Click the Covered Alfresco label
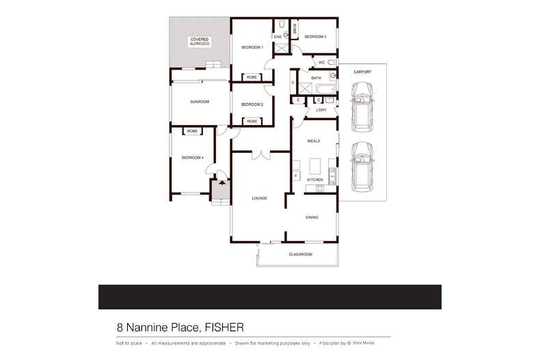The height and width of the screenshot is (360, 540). [x=200, y=42]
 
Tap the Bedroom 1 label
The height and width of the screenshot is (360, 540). [x=252, y=47]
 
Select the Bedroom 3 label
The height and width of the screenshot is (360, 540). [x=315, y=36]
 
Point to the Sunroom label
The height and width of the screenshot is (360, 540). [x=200, y=101]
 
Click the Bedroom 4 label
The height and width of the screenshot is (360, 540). [x=193, y=158]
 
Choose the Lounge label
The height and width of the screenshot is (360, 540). [x=259, y=198]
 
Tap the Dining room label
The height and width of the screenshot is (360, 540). [x=312, y=217]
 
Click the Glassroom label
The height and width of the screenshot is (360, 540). [x=300, y=254]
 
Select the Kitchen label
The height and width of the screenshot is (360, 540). [x=314, y=180]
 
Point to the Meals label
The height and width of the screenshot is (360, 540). [x=314, y=141]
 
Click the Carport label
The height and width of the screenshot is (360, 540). [x=362, y=71]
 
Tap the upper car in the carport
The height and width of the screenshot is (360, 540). [x=362, y=107]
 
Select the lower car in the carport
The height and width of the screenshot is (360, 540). [x=362, y=167]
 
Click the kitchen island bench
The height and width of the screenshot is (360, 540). [x=315, y=166]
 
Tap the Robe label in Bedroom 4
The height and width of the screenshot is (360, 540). [x=192, y=130]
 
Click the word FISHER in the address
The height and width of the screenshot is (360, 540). [x=222, y=327]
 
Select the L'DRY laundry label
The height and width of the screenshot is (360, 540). [x=321, y=109]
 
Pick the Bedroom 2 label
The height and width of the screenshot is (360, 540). [x=252, y=105]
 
